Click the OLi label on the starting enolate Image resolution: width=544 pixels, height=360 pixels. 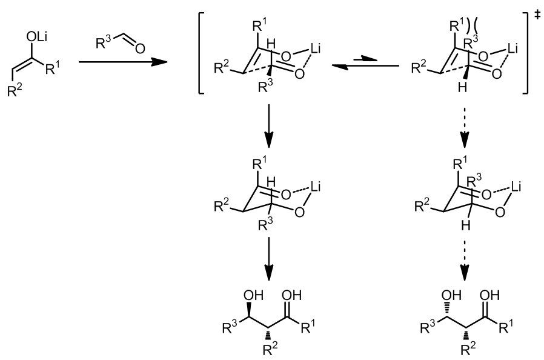[x=36, y=37]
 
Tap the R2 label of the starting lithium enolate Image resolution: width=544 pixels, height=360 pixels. [x=15, y=91]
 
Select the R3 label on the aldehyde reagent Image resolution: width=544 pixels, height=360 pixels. [x=103, y=43]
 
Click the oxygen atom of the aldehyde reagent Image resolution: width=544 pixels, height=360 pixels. [x=140, y=48]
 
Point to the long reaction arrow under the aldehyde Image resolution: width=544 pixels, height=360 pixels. [x=123, y=62]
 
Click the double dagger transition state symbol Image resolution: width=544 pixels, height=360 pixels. [x=537, y=15]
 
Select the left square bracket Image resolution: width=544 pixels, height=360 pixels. [x=202, y=53]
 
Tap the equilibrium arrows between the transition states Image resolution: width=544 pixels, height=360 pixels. [x=365, y=63]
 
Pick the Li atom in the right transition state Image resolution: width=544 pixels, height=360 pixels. [x=512, y=48]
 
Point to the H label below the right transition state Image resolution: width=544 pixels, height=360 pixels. [x=462, y=87]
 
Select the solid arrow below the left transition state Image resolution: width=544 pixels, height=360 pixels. [x=269, y=125]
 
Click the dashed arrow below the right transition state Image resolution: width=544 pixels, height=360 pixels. [x=464, y=125]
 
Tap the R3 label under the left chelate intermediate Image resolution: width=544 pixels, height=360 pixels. [x=265, y=224]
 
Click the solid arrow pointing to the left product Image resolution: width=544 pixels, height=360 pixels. [x=269, y=259]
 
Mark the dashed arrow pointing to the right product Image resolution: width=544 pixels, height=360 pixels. [x=464, y=259]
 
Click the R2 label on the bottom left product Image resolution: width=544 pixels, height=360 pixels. [x=270, y=348]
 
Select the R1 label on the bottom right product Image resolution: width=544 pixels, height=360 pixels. [x=506, y=326]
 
